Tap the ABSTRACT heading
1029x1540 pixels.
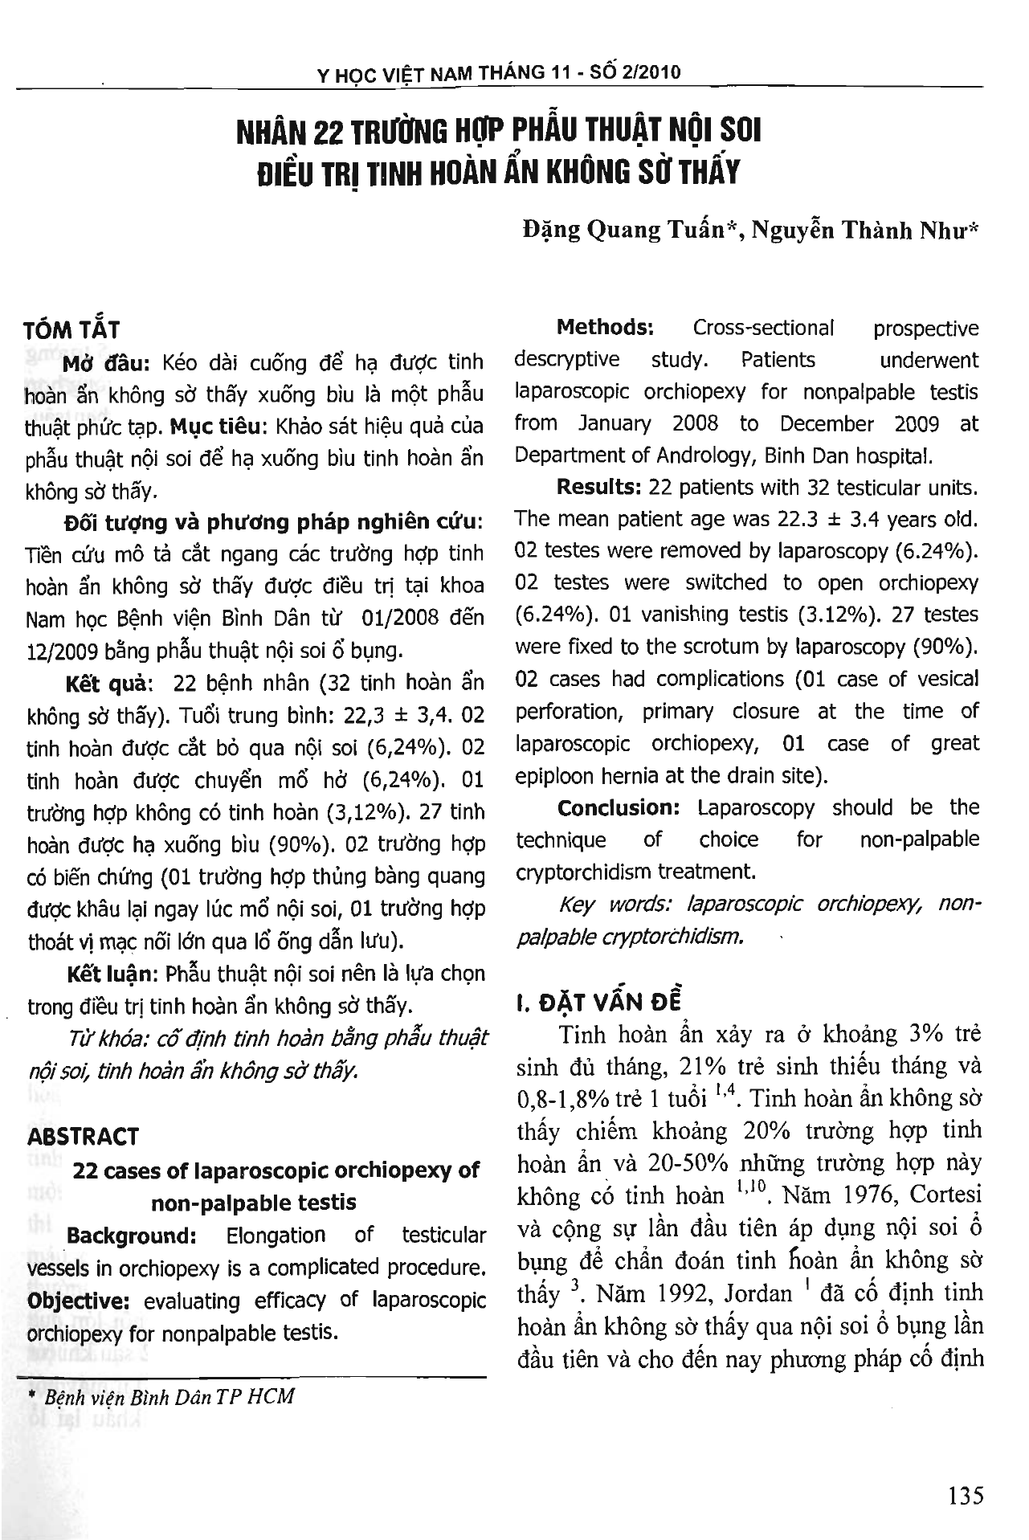83,1137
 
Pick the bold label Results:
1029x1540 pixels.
598,488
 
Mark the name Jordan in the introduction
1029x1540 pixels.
759,1294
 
